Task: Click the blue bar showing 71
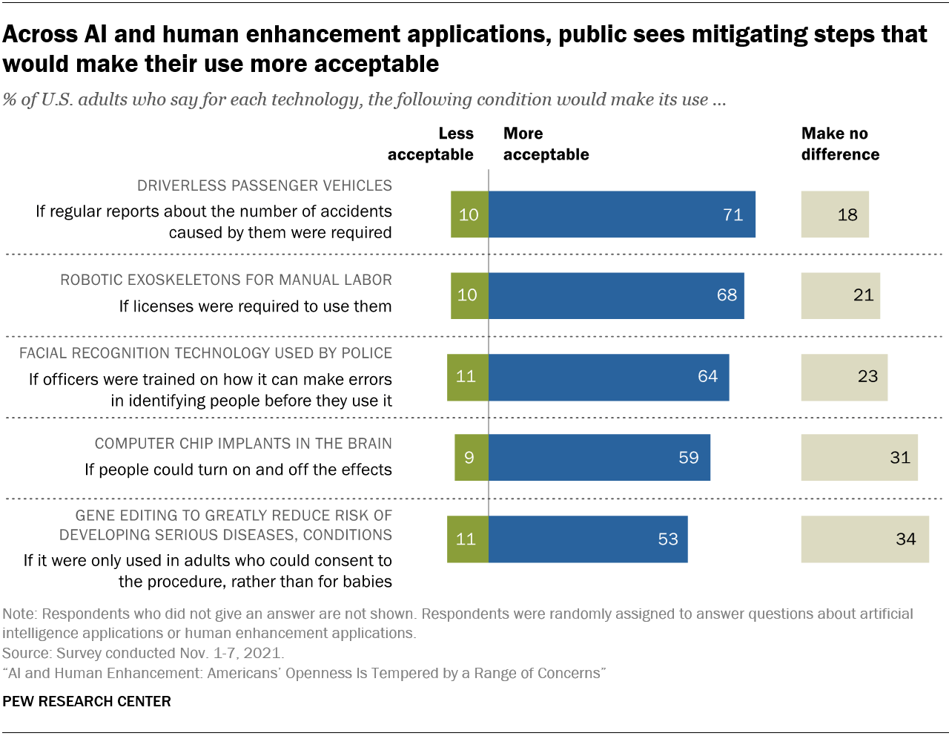pyautogui.click(x=621, y=214)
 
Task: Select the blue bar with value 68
pyautogui.click(x=616, y=295)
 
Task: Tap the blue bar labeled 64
pyautogui.click(x=609, y=377)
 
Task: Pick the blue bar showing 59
pyautogui.click(x=599, y=458)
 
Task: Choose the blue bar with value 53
pyautogui.click(x=588, y=539)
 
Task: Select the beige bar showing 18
pyautogui.click(x=835, y=214)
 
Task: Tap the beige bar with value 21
pyautogui.click(x=841, y=295)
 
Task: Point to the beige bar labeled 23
pyautogui.click(x=844, y=377)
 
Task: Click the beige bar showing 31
pyautogui.click(x=859, y=458)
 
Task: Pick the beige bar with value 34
pyautogui.click(x=865, y=539)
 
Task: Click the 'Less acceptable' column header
pyautogui.click(x=431, y=144)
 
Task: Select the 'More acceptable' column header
pyautogui.click(x=546, y=144)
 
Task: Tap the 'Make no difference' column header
pyautogui.click(x=840, y=144)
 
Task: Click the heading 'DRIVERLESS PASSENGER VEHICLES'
pyautogui.click(x=265, y=185)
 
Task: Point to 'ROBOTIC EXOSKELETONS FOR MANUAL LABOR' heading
pyautogui.click(x=226, y=280)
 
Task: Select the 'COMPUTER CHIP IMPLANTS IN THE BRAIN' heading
pyautogui.click(x=243, y=444)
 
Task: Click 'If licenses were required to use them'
pyautogui.click(x=255, y=306)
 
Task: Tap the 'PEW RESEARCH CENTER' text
pyautogui.click(x=87, y=701)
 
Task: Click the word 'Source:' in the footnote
pyautogui.click(x=26, y=653)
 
